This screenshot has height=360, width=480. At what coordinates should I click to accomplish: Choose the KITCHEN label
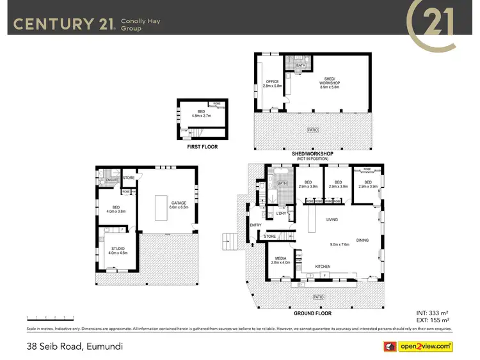(x=323, y=266)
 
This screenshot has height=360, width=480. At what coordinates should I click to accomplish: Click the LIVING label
(x=332, y=219)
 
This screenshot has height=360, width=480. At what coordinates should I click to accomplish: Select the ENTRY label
(x=256, y=225)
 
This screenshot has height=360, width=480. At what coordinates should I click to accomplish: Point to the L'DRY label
(x=281, y=213)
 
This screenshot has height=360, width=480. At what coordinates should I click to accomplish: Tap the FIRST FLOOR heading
(x=202, y=147)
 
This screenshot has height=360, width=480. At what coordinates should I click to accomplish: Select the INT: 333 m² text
(x=433, y=313)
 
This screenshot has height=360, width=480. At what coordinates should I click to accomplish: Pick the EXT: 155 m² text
(x=433, y=320)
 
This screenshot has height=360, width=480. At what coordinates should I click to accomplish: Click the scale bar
(x=51, y=317)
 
